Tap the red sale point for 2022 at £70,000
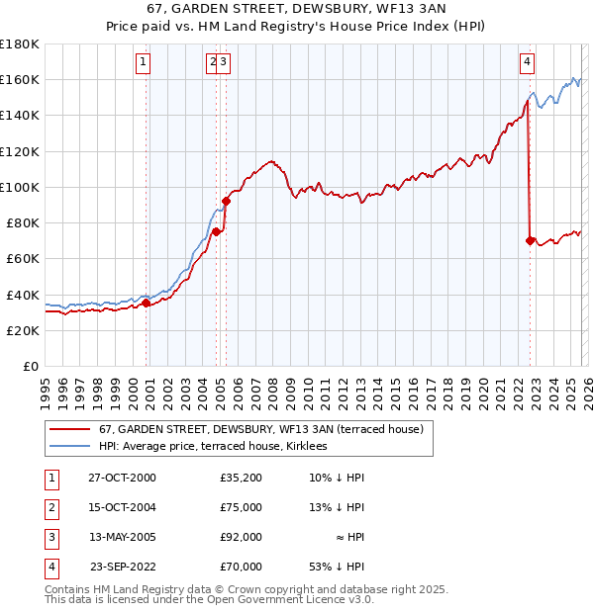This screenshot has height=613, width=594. click(531, 240)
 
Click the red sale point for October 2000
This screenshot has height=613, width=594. click(147, 304)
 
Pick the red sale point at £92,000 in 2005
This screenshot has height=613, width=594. click(226, 201)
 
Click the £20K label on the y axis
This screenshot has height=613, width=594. click(22, 330)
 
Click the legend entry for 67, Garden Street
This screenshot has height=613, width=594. click(260, 429)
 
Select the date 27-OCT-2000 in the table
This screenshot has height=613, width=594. click(122, 478)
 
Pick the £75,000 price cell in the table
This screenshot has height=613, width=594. click(242, 507)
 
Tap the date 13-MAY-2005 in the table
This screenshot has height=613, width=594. click(122, 537)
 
